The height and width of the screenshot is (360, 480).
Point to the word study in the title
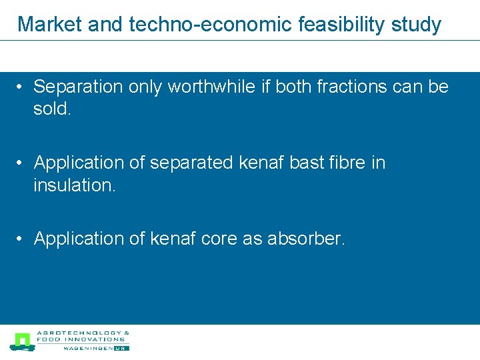414,25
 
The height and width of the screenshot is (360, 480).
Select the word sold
51,109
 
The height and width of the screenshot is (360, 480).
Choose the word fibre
353,163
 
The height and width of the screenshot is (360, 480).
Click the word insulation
75,185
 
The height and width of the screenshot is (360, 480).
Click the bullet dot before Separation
22,87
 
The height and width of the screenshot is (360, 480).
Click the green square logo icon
22,341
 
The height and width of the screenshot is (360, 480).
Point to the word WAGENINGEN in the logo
87,348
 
